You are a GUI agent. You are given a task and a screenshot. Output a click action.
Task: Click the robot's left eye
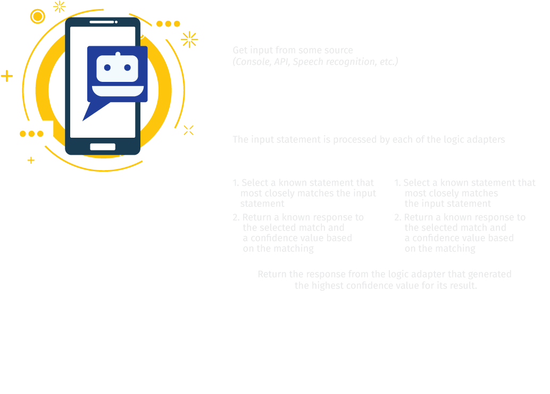pos(107,68)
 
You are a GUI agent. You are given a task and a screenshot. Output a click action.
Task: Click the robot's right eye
pos(127,68)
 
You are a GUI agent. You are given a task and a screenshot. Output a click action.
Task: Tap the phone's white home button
pos(103,147)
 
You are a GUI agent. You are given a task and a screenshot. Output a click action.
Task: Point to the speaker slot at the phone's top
pos(103,22)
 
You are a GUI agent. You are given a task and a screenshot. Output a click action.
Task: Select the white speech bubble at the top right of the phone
pos(168,23)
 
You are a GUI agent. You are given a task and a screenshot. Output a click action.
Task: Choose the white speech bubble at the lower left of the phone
pos(31,133)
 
